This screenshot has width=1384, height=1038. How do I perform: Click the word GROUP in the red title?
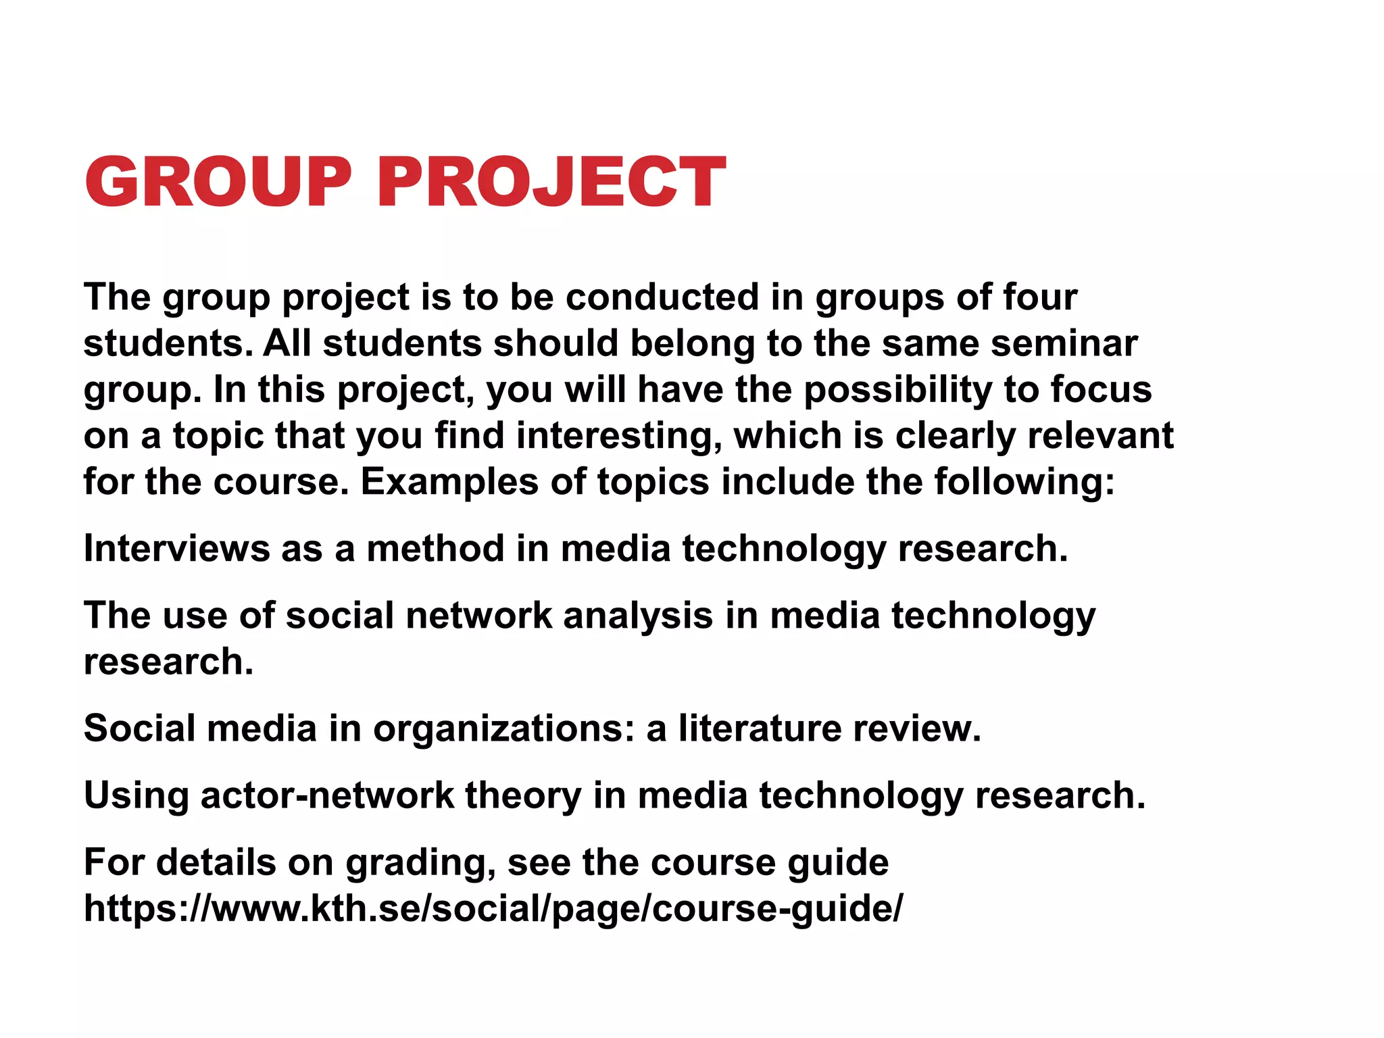(218, 182)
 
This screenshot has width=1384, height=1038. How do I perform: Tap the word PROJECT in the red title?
(551, 182)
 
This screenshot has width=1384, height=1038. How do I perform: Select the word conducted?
(662, 297)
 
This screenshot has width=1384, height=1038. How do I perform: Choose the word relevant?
(1101, 436)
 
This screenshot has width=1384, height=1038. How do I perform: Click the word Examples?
(449, 482)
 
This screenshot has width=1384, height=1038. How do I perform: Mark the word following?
(1024, 482)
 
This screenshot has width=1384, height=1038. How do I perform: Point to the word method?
(435, 548)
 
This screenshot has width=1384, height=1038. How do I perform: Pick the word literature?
(759, 728)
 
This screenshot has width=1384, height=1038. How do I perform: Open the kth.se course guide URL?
(493, 908)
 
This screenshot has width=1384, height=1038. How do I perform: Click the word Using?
(136, 795)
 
